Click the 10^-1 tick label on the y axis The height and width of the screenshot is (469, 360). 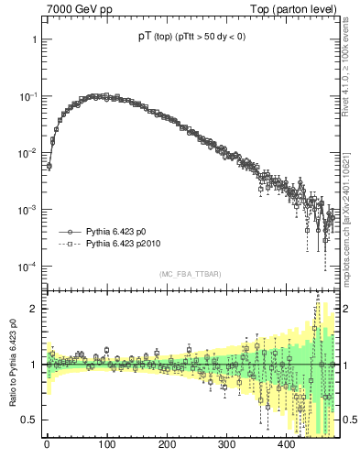(27, 96)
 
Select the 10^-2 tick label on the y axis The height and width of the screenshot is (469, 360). (27, 153)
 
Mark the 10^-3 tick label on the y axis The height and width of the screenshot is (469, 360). (27, 210)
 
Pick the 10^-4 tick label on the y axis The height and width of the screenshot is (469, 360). (27, 267)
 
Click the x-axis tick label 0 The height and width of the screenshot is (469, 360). (47, 445)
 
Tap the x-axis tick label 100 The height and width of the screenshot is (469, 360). (106, 445)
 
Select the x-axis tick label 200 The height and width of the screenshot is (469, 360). (167, 445)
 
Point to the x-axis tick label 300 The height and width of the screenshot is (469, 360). (226, 445)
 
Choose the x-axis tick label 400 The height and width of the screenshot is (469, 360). (287, 445)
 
